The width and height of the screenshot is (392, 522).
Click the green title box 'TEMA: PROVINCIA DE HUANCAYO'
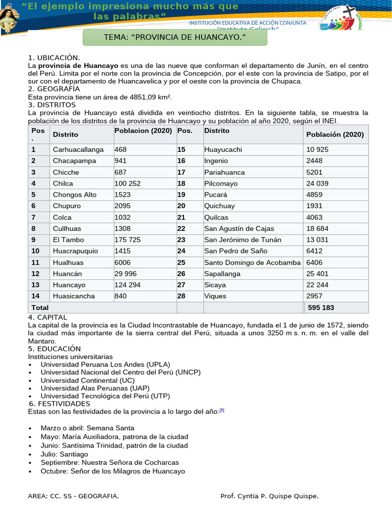[175, 38]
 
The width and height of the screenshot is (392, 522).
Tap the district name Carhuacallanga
[78, 149]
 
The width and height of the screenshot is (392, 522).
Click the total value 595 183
[321, 307]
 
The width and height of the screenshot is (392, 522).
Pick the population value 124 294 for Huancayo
[128, 284]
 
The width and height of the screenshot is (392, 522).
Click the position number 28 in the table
[181, 296]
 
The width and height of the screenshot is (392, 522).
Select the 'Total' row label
[40, 307]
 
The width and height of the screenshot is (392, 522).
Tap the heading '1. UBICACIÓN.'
[54, 58]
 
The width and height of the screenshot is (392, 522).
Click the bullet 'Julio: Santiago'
[64, 454]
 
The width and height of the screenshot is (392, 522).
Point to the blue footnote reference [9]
[222, 410]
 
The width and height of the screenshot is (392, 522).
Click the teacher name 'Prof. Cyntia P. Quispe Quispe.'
[269, 496]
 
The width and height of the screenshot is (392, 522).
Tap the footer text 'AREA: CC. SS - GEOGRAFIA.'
[73, 496]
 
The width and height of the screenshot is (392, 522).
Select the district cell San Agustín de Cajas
[239, 228]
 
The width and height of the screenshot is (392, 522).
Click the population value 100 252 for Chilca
[128, 183]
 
